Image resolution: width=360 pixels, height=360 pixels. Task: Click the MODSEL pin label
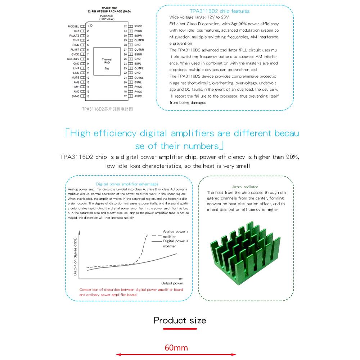(73, 26)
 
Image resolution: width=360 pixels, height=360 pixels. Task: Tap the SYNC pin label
(75, 96)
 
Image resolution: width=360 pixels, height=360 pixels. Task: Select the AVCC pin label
(138, 96)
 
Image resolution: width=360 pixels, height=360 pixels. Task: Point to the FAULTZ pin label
(74, 36)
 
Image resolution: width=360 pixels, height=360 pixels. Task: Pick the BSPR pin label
(138, 36)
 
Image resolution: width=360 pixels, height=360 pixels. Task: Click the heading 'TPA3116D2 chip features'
(219, 11)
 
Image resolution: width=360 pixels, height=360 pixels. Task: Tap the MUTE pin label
(75, 77)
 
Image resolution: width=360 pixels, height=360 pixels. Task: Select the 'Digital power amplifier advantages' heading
(127, 184)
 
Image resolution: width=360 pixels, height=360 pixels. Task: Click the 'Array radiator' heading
(245, 187)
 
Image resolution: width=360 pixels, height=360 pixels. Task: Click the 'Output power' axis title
(172, 283)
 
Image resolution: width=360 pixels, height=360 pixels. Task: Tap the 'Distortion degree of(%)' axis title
(75, 256)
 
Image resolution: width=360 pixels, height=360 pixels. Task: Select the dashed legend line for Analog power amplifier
(156, 234)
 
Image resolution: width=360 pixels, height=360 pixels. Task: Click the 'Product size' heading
(180, 320)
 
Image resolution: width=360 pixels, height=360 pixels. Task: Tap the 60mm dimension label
(176, 348)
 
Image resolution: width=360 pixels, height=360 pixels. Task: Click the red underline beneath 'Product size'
(180, 328)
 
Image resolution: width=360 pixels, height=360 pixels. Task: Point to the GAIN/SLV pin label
(73, 59)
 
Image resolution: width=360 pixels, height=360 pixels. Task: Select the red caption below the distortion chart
(131, 292)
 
